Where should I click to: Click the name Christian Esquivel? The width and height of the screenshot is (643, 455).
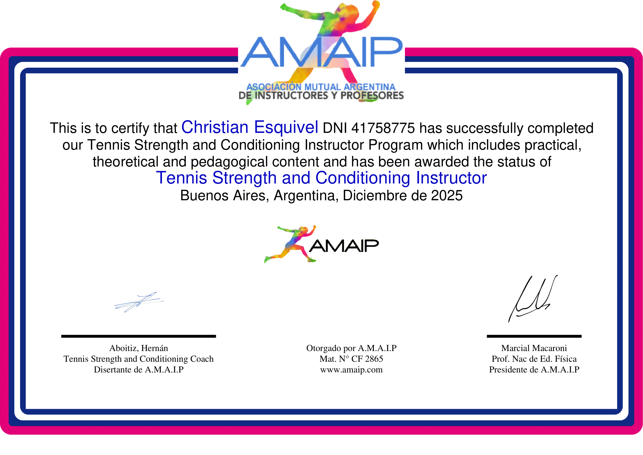point(250,127)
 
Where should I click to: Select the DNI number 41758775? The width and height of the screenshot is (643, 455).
point(383,128)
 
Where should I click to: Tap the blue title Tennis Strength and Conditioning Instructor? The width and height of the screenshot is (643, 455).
point(321,178)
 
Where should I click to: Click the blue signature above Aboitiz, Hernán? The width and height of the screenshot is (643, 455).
point(139,302)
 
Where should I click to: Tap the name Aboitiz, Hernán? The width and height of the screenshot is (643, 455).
point(139,348)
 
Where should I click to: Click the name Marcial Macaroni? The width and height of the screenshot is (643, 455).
point(534,348)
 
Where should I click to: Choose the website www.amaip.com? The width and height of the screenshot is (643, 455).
point(351,370)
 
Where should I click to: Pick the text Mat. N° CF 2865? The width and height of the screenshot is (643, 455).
point(351,359)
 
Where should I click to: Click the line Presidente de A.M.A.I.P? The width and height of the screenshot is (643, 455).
point(534,370)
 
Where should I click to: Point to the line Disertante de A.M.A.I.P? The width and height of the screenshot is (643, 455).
point(139,370)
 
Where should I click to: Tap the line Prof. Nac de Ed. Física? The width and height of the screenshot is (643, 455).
point(534,359)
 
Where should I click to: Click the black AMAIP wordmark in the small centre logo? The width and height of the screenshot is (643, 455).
point(344,246)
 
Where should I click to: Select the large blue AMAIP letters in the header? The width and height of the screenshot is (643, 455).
point(321,52)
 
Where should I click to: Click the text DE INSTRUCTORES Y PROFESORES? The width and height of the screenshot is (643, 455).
point(321,96)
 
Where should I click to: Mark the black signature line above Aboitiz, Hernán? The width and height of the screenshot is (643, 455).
point(139,336)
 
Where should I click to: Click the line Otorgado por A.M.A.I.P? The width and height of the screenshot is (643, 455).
point(351,348)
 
